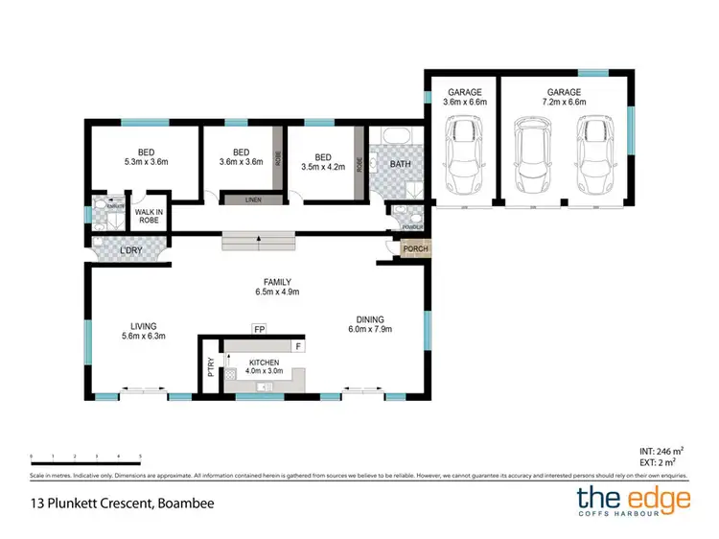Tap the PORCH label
click(416, 249)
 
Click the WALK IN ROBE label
click(149, 216)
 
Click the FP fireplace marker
click(259, 329)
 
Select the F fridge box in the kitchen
click(298, 345)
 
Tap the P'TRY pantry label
click(210, 366)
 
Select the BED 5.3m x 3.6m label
click(145, 156)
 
